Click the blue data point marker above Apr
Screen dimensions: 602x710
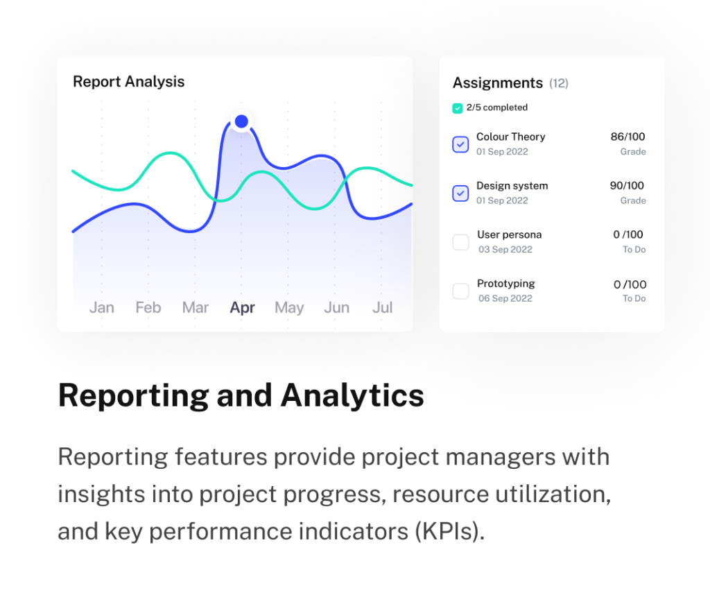[x=241, y=121]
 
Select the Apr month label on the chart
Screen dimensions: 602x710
[x=242, y=307]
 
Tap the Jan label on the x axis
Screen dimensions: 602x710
[x=102, y=307]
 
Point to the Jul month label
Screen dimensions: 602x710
[x=382, y=307]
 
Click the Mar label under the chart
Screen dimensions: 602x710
[x=195, y=307]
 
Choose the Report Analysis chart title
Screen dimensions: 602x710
[x=129, y=82]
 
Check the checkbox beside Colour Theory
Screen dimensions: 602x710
[x=460, y=144]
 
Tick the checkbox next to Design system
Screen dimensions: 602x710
[x=460, y=193]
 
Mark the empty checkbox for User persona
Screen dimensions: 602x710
[x=460, y=242]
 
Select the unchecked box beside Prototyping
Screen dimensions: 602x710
[x=460, y=291]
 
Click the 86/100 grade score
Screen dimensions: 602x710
[x=627, y=137]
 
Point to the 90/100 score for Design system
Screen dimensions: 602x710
[x=627, y=186]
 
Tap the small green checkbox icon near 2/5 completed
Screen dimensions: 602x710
[x=458, y=108]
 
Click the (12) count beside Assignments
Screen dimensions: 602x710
[x=559, y=83]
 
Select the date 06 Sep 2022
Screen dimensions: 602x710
[x=505, y=298]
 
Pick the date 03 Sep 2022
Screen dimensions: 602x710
[x=505, y=249]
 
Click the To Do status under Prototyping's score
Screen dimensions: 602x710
[x=634, y=298]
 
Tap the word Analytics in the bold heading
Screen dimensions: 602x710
[x=352, y=395]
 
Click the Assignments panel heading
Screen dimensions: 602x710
[x=498, y=83]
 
